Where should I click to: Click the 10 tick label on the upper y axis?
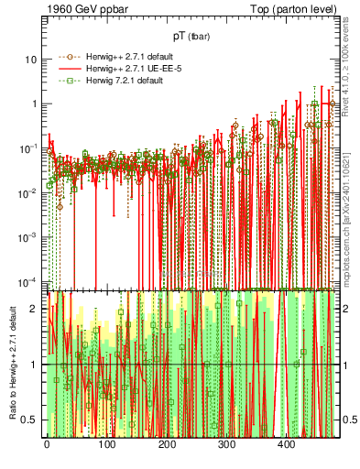click(31, 60)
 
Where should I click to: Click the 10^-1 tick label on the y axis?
click(27, 148)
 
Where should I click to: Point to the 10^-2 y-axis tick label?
click(27, 192)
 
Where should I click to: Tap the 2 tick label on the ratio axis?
click(35, 309)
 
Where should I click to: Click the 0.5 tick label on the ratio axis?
click(31, 420)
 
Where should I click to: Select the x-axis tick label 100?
click(106, 444)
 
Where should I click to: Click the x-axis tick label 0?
click(47, 444)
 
